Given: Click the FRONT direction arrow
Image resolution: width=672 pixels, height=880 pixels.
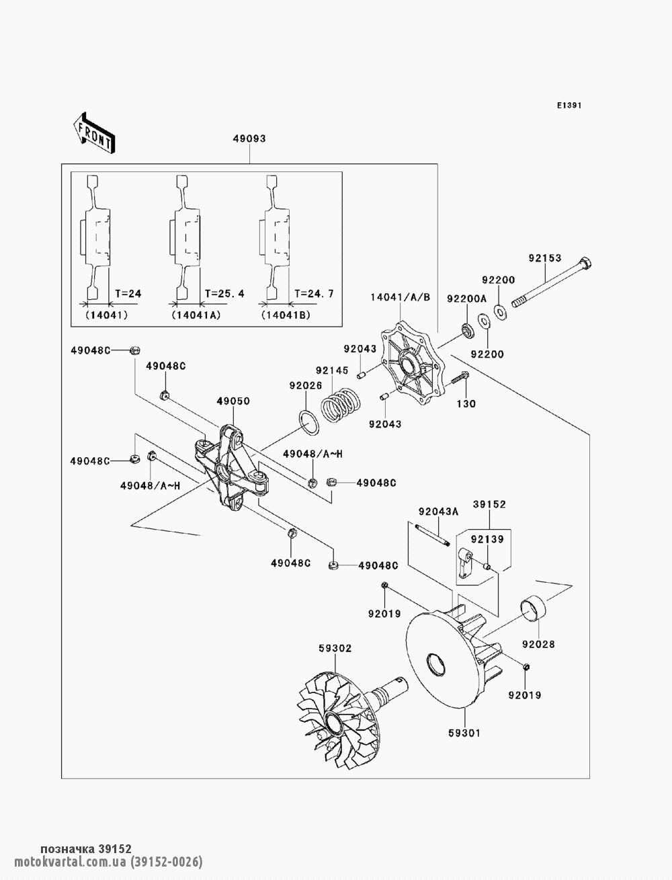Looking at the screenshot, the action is (x=94, y=132).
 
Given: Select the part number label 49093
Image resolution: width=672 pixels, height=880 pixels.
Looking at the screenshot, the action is (x=249, y=138).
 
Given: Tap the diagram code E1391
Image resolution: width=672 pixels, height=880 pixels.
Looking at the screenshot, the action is (x=569, y=106).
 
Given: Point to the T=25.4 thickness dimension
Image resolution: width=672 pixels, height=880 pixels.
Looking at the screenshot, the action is (x=224, y=294).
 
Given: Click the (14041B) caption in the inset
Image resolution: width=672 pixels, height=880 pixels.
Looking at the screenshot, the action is (x=286, y=315).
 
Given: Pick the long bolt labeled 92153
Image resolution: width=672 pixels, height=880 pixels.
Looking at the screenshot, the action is (x=552, y=284).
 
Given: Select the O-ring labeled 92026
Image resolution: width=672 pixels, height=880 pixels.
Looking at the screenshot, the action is (x=309, y=423).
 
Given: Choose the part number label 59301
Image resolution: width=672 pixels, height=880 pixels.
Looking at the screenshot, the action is (x=464, y=733).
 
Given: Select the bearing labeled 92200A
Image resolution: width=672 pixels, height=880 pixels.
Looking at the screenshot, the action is (x=467, y=330).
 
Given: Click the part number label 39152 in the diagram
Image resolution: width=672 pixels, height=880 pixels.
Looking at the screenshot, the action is (x=489, y=504).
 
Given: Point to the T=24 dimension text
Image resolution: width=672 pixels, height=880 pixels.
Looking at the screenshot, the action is (x=128, y=294).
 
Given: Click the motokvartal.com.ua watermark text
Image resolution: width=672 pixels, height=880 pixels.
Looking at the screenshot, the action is (x=69, y=861).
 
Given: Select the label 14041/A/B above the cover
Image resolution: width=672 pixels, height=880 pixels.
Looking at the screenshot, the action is (x=401, y=297).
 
